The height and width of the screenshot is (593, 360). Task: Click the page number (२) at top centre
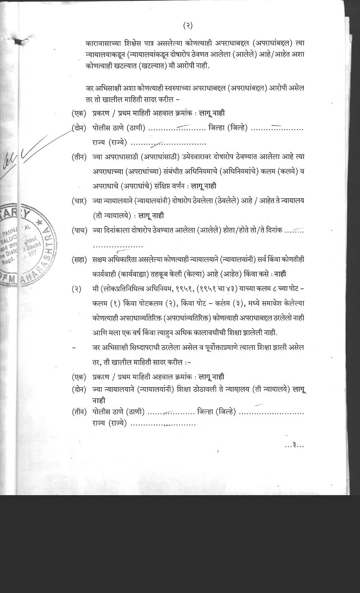pyautogui.click(x=188, y=26)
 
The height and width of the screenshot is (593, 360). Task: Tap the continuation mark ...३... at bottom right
pyautogui.click(x=295, y=445)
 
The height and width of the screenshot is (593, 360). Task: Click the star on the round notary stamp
pyautogui.click(x=39, y=222)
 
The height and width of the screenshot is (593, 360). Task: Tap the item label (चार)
pyautogui.click(x=79, y=201)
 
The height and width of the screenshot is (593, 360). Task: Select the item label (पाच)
pyautogui.click(x=79, y=231)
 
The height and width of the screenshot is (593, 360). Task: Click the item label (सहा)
pyautogui.click(x=79, y=259)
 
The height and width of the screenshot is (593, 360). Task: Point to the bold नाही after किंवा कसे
pyautogui.click(x=280, y=274)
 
